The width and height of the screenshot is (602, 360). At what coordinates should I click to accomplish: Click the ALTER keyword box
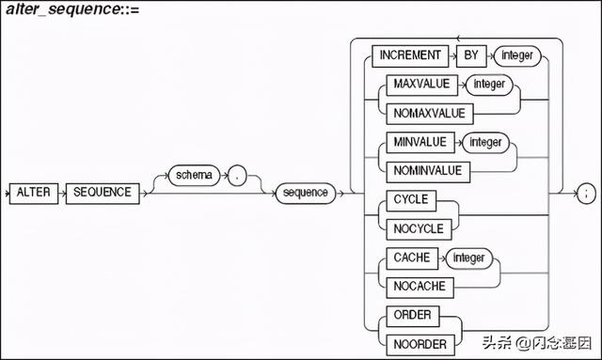[37, 193]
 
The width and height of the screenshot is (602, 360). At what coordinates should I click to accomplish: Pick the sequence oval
[305, 193]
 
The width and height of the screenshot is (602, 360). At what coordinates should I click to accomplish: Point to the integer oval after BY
[516, 55]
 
